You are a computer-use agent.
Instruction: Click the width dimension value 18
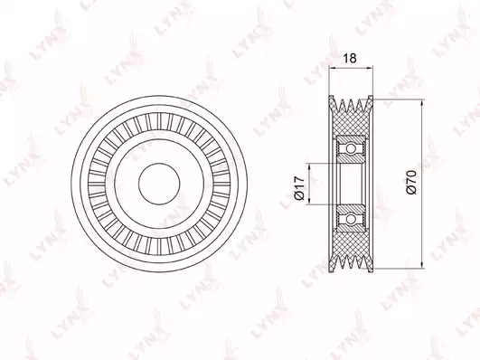click(x=350, y=58)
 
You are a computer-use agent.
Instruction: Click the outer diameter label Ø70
click(x=411, y=183)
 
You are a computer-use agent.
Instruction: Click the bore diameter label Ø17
click(x=299, y=188)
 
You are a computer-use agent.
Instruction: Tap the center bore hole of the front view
click(x=159, y=184)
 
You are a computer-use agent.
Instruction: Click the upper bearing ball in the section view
click(x=351, y=149)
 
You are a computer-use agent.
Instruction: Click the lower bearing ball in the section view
click(x=351, y=219)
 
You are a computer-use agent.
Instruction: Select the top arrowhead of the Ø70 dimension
click(x=422, y=103)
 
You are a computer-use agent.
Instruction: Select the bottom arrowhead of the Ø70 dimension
click(x=422, y=265)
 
